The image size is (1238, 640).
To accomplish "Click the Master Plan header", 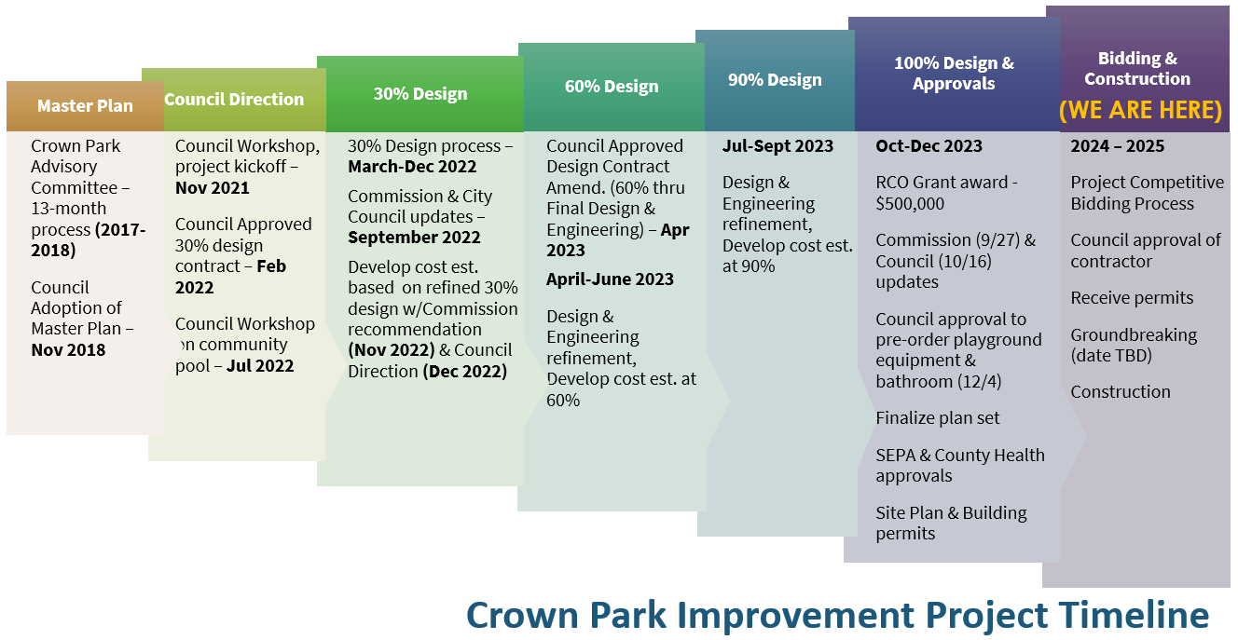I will pos(85,106).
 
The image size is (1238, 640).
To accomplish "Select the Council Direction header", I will pos(234,100).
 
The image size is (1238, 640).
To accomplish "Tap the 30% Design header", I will pos(420,94).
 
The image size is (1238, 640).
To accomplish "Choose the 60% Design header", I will pos(612,87).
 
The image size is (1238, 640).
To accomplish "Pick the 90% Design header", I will pos(775,80).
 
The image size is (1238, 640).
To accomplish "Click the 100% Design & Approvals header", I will pos(954,74).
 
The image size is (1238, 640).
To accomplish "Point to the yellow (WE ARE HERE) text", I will pos(1140,111).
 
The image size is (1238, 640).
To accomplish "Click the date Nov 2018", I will pos(68,350).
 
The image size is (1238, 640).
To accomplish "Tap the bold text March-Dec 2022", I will pos(412,167).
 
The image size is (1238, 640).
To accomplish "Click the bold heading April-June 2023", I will pos(610,279).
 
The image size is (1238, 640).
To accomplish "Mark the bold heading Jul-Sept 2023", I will pos(777,146).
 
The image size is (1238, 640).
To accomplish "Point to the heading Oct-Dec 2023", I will pos(928,146).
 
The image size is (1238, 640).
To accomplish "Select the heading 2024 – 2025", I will pos(1117,146).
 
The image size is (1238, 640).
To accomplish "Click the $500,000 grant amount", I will pos(910,204).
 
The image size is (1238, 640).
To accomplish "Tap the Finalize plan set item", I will pos(937,418).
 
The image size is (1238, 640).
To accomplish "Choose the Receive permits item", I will pos(1132,298).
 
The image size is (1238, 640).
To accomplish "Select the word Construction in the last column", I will pos(1120,392).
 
